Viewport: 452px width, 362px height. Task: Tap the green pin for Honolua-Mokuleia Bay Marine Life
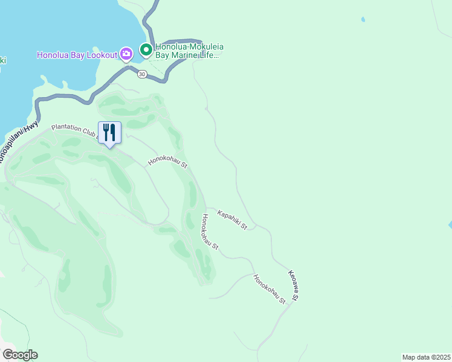(x=146, y=49)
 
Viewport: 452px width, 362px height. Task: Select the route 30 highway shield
(x=141, y=74)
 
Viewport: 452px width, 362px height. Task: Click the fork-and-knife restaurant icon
(x=109, y=132)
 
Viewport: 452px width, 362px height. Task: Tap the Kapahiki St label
(x=233, y=220)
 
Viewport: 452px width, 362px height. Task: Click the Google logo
(x=20, y=355)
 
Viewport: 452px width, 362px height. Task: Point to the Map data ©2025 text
(x=426, y=357)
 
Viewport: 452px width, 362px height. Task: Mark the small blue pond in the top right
(x=363, y=19)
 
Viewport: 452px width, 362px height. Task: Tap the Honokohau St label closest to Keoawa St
(x=270, y=289)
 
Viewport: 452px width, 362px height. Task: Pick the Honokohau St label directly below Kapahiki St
(x=210, y=232)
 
